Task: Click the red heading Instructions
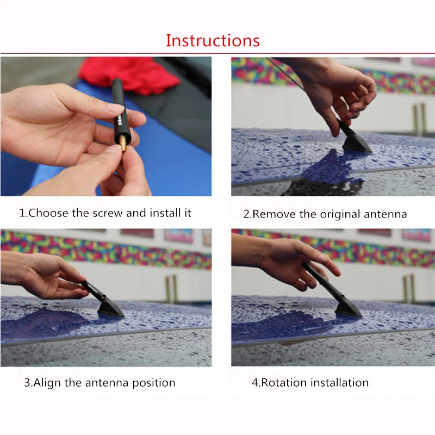(213, 40)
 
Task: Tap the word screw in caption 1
(107, 213)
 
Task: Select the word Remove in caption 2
(274, 214)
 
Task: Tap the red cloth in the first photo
(129, 74)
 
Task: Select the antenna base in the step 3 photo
(110, 308)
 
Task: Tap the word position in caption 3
(153, 383)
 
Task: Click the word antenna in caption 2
(385, 214)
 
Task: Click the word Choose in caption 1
(48, 213)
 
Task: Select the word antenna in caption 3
(107, 383)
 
